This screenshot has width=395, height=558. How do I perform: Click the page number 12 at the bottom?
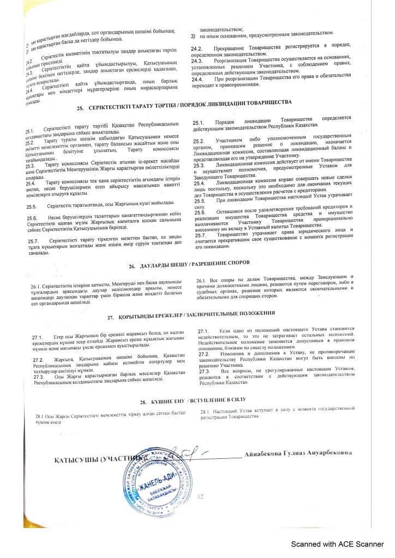pos(200,496)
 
